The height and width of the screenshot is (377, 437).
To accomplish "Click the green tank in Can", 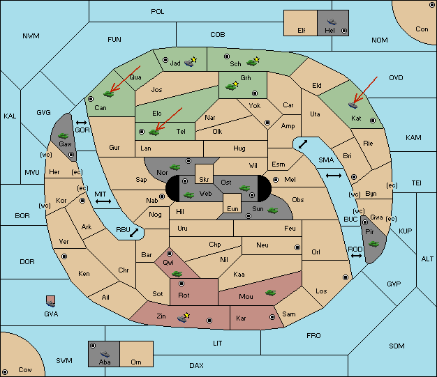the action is [108, 94].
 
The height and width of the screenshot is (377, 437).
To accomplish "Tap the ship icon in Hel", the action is [332, 22].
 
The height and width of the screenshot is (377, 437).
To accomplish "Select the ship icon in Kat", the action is [353, 105].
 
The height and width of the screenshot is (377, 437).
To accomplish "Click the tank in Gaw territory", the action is [63, 135].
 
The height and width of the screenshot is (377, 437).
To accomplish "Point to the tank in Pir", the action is [373, 244].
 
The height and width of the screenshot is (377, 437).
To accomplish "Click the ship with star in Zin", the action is [183, 318].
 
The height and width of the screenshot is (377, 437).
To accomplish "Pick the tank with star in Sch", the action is [253, 62].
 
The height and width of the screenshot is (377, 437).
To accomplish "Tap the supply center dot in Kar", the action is [272, 317].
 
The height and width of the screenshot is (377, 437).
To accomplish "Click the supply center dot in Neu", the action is [297, 247].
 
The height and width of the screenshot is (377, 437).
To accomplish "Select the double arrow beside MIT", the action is [103, 201].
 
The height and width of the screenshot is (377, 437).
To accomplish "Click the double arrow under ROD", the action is [356, 256].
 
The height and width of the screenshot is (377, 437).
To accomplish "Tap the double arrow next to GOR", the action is [81, 123].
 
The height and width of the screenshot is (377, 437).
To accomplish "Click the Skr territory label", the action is [204, 180].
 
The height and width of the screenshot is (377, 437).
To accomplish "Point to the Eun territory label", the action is [232, 208].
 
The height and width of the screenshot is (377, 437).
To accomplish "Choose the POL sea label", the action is [158, 12].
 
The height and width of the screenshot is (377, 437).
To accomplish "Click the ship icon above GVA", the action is [51, 303].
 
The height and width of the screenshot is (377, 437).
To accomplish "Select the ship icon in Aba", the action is [105, 354].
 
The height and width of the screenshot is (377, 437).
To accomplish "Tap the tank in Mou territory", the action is [271, 293].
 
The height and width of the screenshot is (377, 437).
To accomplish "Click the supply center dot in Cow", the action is [5, 372].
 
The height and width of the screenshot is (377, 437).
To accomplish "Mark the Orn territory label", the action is [136, 362].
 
